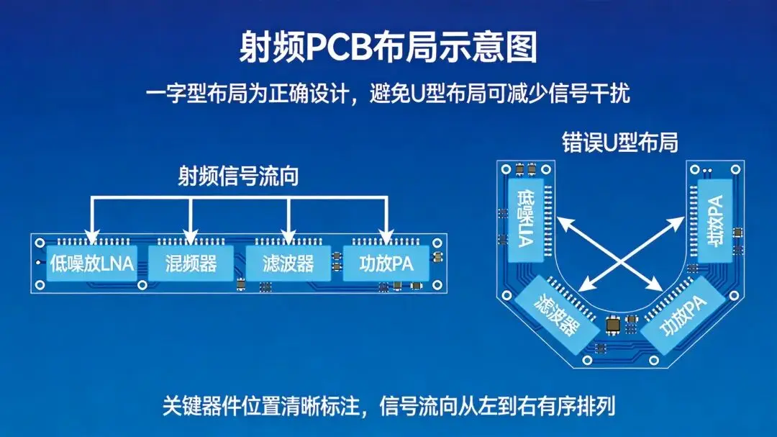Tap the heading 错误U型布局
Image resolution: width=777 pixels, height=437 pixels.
619,142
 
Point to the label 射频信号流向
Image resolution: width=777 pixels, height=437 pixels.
238,176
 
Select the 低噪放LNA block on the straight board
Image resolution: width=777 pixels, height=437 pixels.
91,263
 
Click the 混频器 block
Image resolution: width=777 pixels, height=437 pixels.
190,263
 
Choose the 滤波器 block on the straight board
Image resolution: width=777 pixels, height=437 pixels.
288,263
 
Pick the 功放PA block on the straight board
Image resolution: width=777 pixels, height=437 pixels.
386,263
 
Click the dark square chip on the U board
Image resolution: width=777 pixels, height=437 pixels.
613,325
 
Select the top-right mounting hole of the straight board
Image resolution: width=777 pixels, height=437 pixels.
436,240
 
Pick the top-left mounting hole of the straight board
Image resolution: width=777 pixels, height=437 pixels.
40,240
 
